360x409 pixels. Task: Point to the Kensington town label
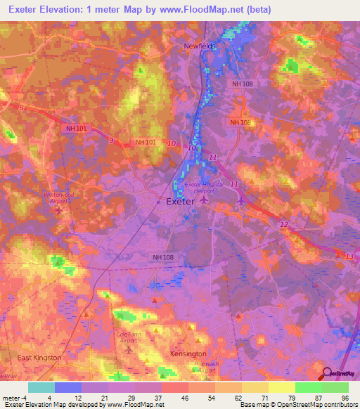point(188,353)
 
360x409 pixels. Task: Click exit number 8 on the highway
point(22,108)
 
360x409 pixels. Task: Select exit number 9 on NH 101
point(110,141)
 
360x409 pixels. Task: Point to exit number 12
point(283,224)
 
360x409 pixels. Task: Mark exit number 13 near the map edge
point(349,256)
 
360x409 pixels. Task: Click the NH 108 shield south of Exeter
point(163,258)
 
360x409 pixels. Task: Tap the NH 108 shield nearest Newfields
point(240,84)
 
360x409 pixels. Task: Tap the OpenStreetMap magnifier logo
point(327,374)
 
